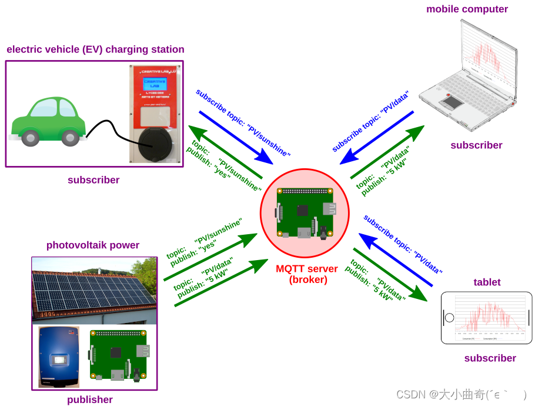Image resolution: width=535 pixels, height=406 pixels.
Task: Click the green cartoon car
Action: [48, 121]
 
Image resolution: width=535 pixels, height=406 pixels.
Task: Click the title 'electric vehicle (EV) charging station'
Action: [95, 49]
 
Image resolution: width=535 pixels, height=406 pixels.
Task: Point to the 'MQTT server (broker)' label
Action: [307, 274]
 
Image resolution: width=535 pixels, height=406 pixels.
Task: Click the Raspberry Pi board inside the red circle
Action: [305, 212]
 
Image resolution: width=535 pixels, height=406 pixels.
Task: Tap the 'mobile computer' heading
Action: [467, 9]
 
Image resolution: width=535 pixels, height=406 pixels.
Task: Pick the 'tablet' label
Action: [487, 282]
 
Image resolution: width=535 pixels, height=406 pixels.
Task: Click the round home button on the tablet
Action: [450, 318]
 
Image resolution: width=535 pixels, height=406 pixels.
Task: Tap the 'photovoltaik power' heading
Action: [93, 245]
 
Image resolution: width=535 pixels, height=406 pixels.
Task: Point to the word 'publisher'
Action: [90, 400]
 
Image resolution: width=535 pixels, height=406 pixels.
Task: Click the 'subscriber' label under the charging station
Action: [93, 180]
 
